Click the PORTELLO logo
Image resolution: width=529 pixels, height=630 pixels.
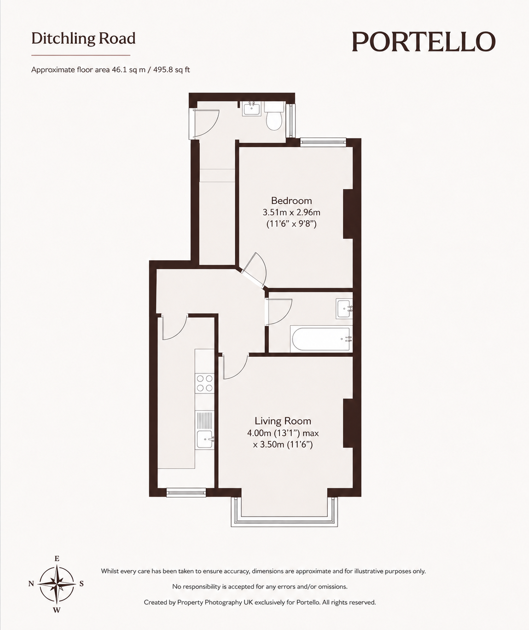pyautogui.click(x=424, y=41)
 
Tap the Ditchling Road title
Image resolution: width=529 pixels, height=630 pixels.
pyautogui.click(x=83, y=39)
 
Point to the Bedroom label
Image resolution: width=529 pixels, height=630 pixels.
pyautogui.click(x=291, y=201)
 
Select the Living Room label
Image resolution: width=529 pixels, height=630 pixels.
pyautogui.click(x=283, y=421)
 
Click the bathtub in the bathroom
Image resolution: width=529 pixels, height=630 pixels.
pyautogui.click(x=321, y=339)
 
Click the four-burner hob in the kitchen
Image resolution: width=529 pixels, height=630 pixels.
pyautogui.click(x=204, y=383)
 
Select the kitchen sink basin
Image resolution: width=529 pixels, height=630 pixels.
pyautogui.click(x=205, y=439)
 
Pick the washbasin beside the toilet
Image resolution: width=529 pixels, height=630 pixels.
pyautogui.click(x=251, y=109)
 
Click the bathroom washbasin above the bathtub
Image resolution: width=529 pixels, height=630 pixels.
pyautogui.click(x=344, y=309)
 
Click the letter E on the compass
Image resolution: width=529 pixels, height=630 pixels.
pyautogui.click(x=57, y=559)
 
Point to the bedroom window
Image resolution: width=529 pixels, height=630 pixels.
pyautogui.click(x=323, y=142)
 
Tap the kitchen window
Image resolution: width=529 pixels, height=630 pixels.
pyautogui.click(x=186, y=492)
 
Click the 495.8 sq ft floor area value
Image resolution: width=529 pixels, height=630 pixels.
pyautogui.click(x=172, y=70)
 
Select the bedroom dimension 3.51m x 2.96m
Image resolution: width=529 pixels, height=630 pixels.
pyautogui.click(x=291, y=213)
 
